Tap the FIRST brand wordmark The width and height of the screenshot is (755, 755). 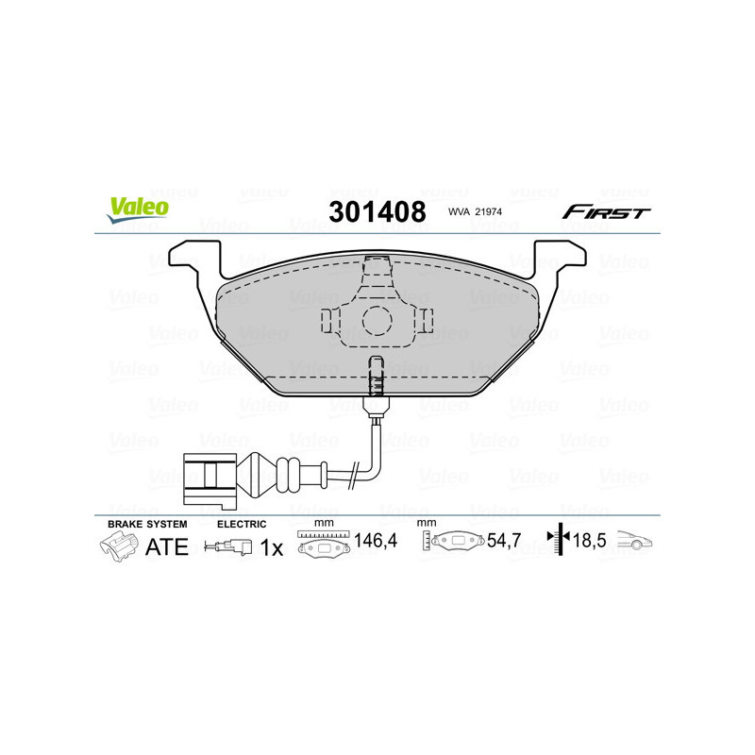(x=606, y=212)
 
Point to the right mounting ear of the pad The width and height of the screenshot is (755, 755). (x=562, y=258)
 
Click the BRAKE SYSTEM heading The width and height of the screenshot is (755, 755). (x=147, y=523)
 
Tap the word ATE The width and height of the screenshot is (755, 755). (x=166, y=546)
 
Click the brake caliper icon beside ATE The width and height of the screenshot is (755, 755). (x=118, y=545)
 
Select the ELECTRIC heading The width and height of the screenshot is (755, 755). (x=242, y=523)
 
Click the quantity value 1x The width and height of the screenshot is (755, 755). (x=271, y=547)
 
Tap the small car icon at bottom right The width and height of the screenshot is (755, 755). (x=635, y=542)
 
